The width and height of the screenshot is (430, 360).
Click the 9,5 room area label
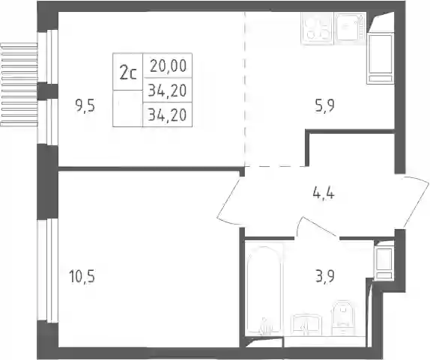(85, 106)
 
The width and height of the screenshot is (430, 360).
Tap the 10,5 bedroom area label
(82, 276)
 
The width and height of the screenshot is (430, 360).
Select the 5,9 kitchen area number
(324, 106)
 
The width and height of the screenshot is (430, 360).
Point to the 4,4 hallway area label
(324, 194)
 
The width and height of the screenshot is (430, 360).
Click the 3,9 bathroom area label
(324, 276)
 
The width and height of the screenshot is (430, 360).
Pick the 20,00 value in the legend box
(168, 66)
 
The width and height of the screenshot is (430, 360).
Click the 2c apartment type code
(128, 73)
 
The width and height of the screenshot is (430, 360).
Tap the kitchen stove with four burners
(317, 28)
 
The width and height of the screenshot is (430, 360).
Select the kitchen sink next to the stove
(350, 28)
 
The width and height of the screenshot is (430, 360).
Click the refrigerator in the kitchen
(381, 58)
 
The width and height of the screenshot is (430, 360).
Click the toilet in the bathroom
(343, 318)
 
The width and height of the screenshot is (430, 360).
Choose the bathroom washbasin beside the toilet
(306, 325)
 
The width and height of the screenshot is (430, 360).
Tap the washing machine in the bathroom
(384, 263)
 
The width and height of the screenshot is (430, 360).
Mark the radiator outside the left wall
(19, 85)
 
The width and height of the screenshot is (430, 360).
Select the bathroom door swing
(315, 227)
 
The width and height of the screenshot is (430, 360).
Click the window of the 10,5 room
(47, 271)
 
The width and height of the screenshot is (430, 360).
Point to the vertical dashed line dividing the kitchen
(245, 89)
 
